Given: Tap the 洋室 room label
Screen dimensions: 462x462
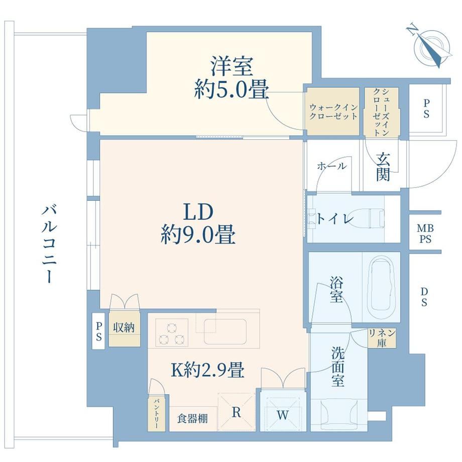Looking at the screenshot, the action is (x=232, y=67).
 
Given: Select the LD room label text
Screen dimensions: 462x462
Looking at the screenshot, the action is (x=198, y=212).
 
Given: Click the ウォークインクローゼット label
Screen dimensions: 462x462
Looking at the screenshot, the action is (x=333, y=111).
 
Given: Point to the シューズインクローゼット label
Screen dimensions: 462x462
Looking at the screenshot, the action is (x=381, y=112).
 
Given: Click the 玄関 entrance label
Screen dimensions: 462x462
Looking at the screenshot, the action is (x=383, y=167).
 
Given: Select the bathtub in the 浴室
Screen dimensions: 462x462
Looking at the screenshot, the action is (x=381, y=288).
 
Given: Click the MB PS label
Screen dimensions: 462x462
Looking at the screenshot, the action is (x=425, y=234).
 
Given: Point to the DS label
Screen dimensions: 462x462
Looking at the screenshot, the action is (x=424, y=297).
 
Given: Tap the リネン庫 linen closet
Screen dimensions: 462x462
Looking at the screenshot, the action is (x=382, y=337).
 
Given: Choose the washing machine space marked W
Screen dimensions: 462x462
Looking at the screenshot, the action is (x=283, y=411).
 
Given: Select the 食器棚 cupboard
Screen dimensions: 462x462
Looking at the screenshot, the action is (x=193, y=418).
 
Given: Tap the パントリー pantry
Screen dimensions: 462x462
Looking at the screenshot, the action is (x=156, y=414).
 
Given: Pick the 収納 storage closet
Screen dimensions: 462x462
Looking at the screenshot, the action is (x=124, y=327).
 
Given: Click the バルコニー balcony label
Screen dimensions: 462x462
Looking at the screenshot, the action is (x=48, y=244).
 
